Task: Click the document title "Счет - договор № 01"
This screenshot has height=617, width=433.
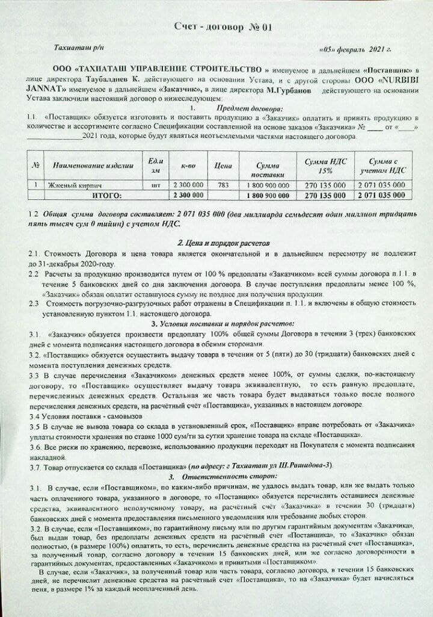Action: (215, 26)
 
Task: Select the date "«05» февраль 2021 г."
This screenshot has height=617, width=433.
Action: (355, 51)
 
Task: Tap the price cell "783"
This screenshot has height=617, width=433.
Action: (223, 185)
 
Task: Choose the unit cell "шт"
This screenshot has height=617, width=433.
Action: (156, 185)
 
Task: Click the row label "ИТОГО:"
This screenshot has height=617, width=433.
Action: (106, 195)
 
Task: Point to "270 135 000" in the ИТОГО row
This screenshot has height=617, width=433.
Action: (325, 196)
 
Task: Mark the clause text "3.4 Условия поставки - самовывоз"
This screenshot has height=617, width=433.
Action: (85, 415)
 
